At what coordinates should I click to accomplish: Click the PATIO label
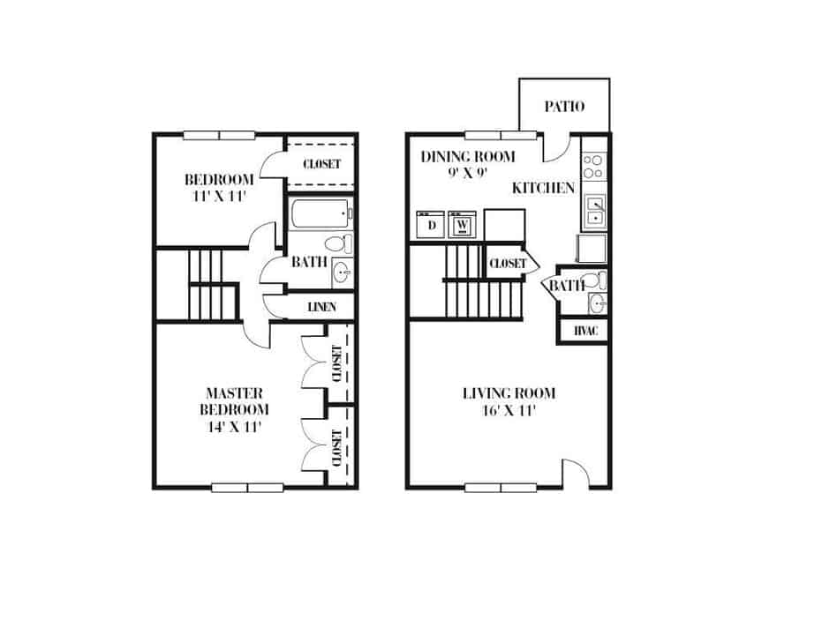pyautogui.click(x=564, y=107)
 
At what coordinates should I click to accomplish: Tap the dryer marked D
pyautogui.click(x=432, y=225)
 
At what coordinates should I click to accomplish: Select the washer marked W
pyautogui.click(x=462, y=225)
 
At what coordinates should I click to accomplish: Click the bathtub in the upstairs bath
pyautogui.click(x=320, y=213)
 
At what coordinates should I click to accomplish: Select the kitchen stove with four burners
pyautogui.click(x=593, y=167)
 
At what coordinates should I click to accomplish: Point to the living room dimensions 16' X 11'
pyautogui.click(x=509, y=410)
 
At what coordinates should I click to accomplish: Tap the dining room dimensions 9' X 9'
pyautogui.click(x=467, y=174)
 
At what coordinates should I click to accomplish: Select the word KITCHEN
pyautogui.click(x=544, y=188)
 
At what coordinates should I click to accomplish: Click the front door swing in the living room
pyautogui.click(x=575, y=474)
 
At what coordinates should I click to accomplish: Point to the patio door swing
pyautogui.click(x=555, y=148)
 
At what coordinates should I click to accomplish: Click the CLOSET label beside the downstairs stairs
pyautogui.click(x=507, y=263)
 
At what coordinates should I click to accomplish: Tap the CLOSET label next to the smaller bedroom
pyautogui.click(x=321, y=164)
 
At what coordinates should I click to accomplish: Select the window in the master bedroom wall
pyautogui.click(x=247, y=487)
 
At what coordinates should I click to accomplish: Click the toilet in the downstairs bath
pyautogui.click(x=599, y=281)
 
